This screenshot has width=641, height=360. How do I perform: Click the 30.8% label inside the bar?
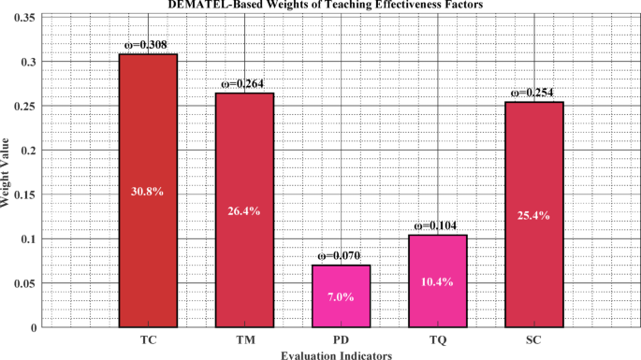point(148,192)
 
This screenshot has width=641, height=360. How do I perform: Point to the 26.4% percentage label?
point(244,211)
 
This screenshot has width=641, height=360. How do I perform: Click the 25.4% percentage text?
point(534,215)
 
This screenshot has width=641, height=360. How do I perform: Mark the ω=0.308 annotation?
point(148,45)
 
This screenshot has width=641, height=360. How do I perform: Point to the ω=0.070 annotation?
point(341,255)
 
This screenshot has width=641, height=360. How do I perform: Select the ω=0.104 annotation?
point(438,225)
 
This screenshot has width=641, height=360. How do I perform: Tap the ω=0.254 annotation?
point(534,93)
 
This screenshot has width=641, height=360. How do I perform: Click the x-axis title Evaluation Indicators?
point(335,354)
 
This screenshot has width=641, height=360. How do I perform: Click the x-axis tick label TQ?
point(438,339)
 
